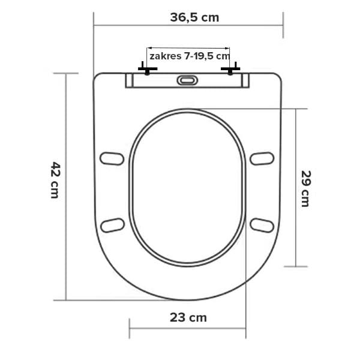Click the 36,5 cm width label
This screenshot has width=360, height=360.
(x=194, y=17)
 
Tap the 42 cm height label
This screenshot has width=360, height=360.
(x=55, y=180)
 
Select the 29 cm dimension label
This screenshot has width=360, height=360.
(x=306, y=188)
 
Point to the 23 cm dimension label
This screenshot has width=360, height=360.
(x=188, y=317)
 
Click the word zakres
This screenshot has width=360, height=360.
(x=166, y=56)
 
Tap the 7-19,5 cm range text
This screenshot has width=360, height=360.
(x=206, y=56)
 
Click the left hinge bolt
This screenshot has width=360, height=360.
(x=148, y=69)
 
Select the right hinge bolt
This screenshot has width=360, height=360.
(x=230, y=69)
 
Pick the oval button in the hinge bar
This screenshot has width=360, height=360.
(x=187, y=80)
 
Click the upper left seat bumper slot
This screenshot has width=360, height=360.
(x=112, y=158)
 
